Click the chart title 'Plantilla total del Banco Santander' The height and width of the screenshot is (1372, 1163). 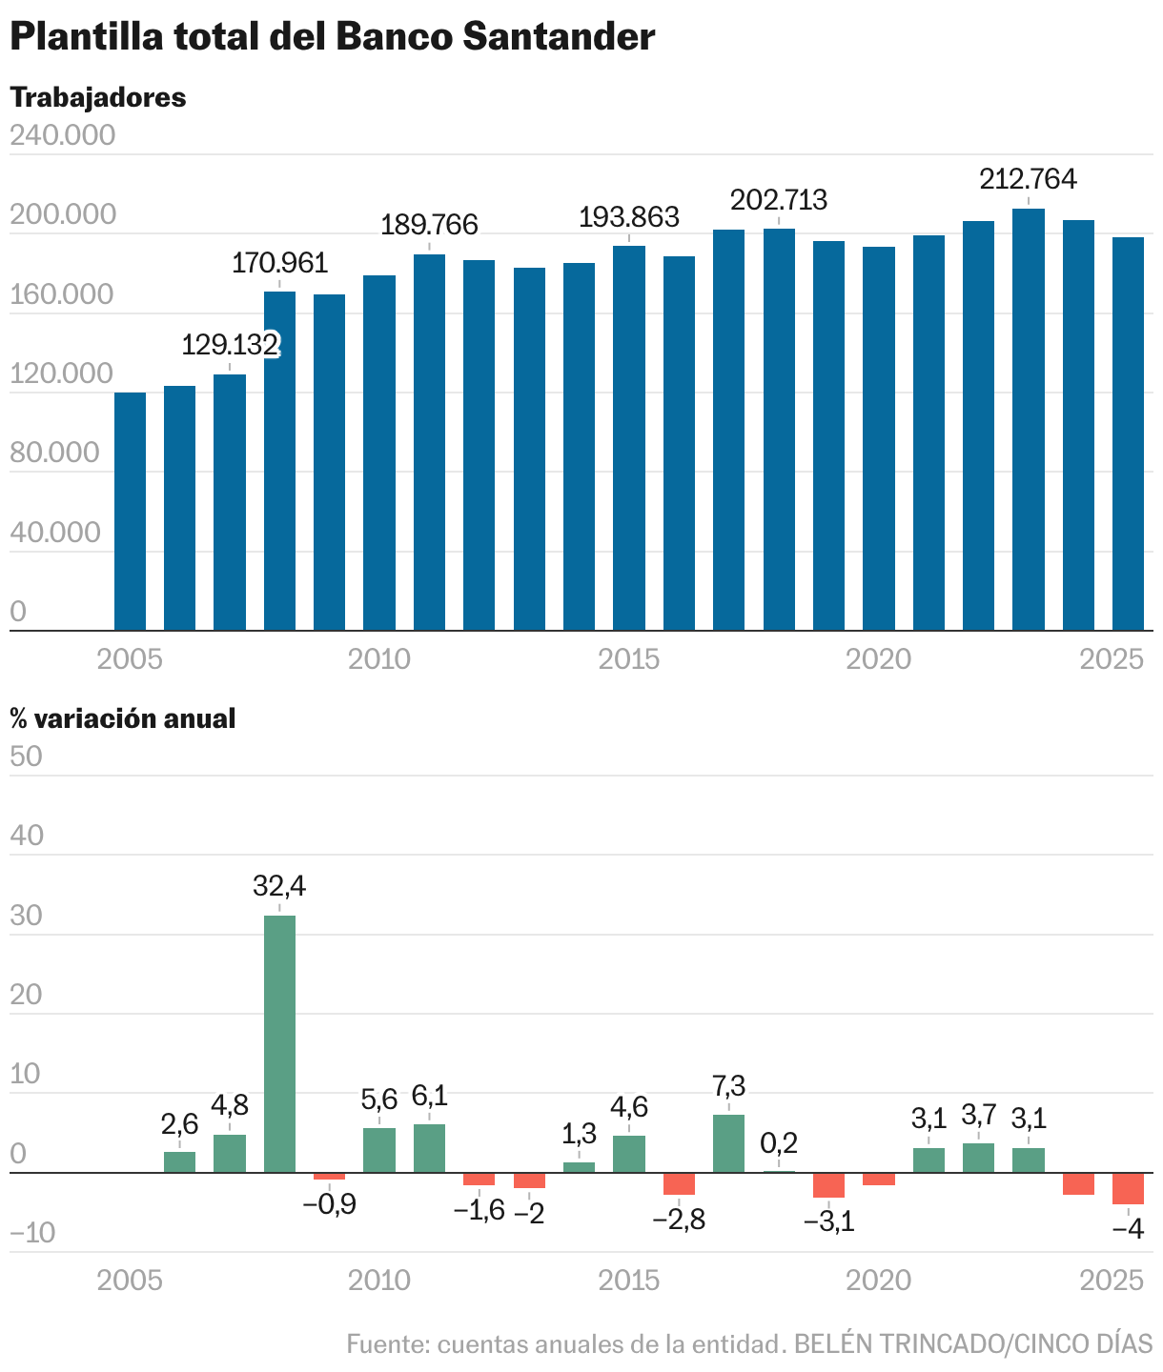[x=332, y=37]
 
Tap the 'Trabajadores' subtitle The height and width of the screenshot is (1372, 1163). [x=97, y=97]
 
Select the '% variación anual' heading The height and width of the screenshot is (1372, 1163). [x=122, y=718]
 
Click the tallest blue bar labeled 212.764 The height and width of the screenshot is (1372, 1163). [x=1028, y=419]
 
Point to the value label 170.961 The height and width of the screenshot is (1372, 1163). [x=279, y=263]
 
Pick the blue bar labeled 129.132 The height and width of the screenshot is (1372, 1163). [x=230, y=502]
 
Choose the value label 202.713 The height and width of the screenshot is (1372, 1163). [x=778, y=201]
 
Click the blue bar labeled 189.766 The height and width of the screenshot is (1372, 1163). [x=429, y=442]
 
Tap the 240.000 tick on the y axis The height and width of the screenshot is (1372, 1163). [x=62, y=135]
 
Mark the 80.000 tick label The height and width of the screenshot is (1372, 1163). [x=55, y=453]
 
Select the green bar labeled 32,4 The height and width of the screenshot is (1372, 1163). [x=279, y=1043]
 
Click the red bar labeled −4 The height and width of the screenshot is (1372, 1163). [x=1128, y=1188]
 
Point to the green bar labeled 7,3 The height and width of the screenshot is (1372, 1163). [x=728, y=1143]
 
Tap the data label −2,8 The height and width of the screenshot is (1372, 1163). [x=679, y=1221]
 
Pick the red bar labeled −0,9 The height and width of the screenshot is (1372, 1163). [x=329, y=1176]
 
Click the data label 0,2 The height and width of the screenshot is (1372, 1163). [x=779, y=1142]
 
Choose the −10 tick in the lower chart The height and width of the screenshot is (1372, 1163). [x=32, y=1235]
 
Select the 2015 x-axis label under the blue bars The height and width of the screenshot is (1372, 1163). [x=628, y=658]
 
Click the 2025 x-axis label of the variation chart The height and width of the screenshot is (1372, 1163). [x=1111, y=1280]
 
